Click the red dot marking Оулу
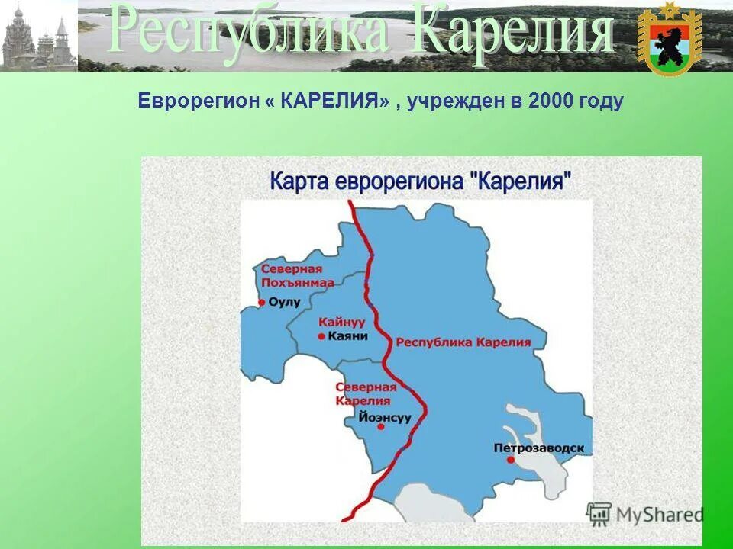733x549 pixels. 261,303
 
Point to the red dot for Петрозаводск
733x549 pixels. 510,460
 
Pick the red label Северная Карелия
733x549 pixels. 366,393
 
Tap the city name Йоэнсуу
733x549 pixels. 384,418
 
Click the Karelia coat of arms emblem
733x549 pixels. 669,39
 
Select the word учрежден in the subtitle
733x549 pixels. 450,101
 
